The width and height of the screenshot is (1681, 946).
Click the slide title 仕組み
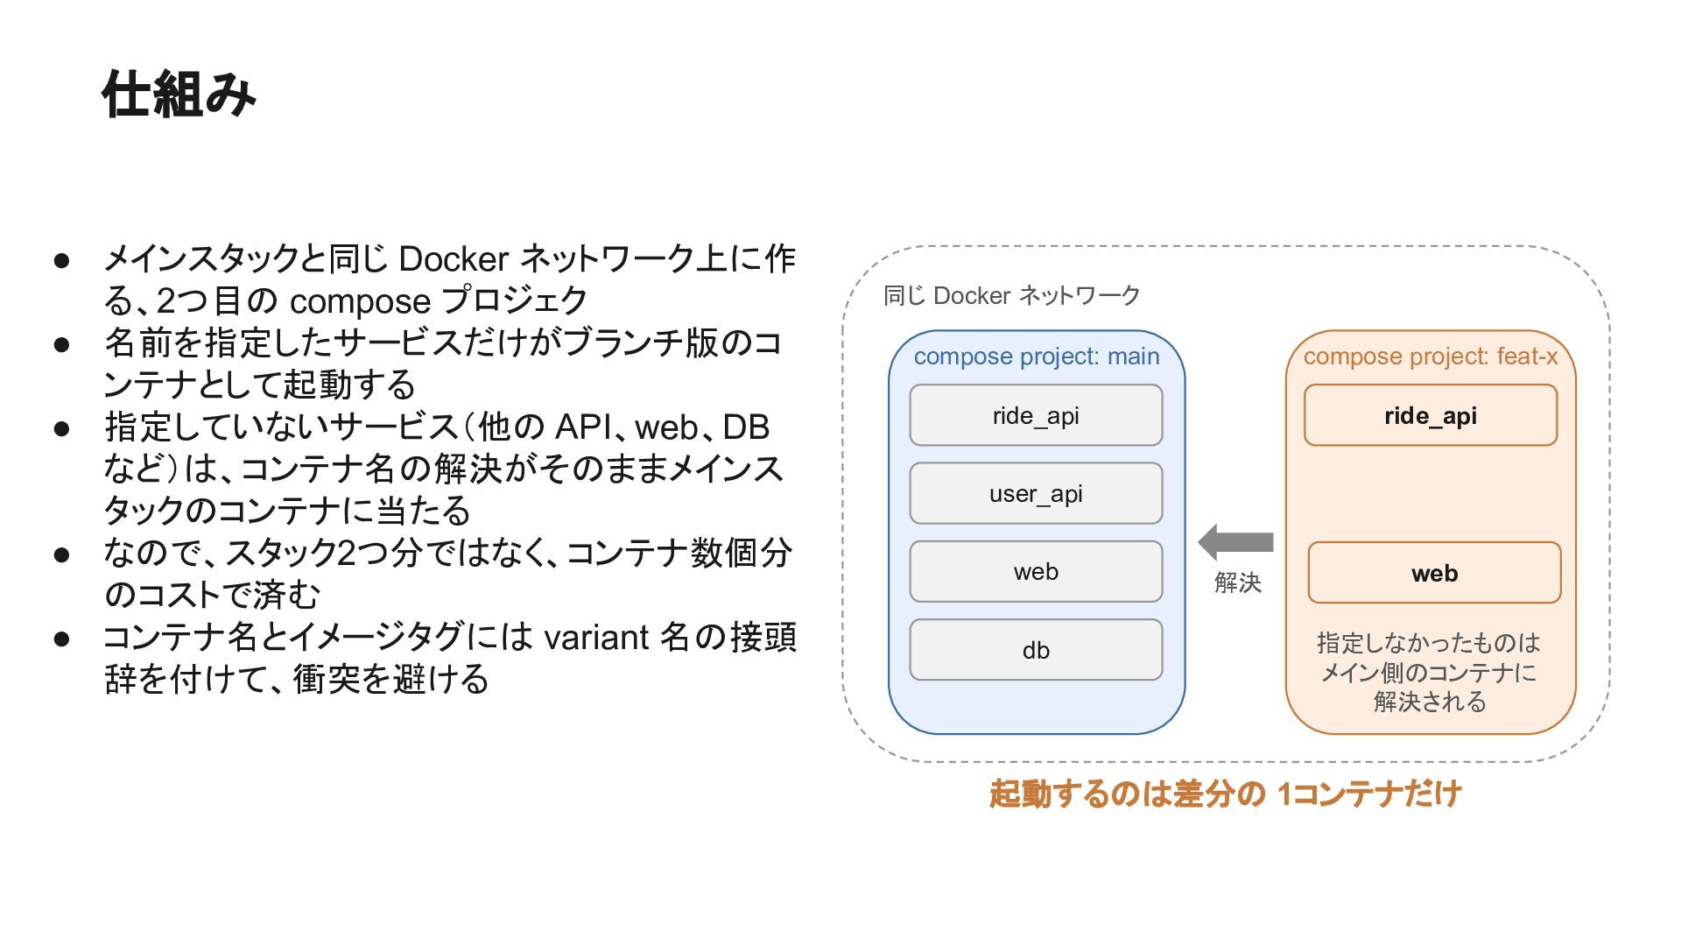(179, 94)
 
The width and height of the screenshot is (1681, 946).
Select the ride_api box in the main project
(1036, 415)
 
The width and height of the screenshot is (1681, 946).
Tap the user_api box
(1036, 493)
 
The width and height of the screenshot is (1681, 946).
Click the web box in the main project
(1036, 571)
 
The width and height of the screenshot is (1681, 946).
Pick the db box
(1036, 650)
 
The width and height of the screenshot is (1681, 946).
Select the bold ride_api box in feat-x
(1431, 415)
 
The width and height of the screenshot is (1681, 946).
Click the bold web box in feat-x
(1434, 573)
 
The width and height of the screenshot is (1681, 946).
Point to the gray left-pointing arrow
(1235, 542)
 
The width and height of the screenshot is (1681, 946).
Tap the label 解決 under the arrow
(1237, 582)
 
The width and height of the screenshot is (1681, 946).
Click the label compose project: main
(1037, 357)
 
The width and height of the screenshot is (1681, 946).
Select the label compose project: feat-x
(1431, 357)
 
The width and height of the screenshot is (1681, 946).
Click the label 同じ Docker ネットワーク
(1011, 295)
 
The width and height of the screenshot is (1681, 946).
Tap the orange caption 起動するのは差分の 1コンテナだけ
(1225, 794)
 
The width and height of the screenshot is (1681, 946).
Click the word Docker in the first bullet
(454, 259)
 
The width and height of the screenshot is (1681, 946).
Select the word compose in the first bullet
(360, 302)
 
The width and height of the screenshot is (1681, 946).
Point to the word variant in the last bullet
(596, 637)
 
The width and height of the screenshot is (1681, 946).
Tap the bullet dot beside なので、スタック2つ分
(61, 554)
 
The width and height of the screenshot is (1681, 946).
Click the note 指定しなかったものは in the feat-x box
(1429, 643)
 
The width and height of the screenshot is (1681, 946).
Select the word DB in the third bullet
(746, 427)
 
